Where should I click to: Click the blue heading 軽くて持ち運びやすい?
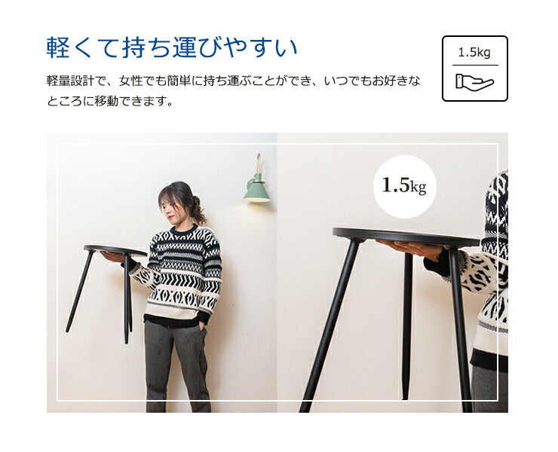(172, 48)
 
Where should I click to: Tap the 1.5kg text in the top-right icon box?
(474, 53)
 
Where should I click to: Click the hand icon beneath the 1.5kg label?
(474, 81)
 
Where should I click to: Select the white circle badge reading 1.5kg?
(404, 186)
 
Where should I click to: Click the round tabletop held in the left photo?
(113, 249)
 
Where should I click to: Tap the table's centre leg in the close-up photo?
(407, 324)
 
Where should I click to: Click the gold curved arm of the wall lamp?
(258, 163)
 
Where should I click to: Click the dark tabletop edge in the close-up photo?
(407, 234)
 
